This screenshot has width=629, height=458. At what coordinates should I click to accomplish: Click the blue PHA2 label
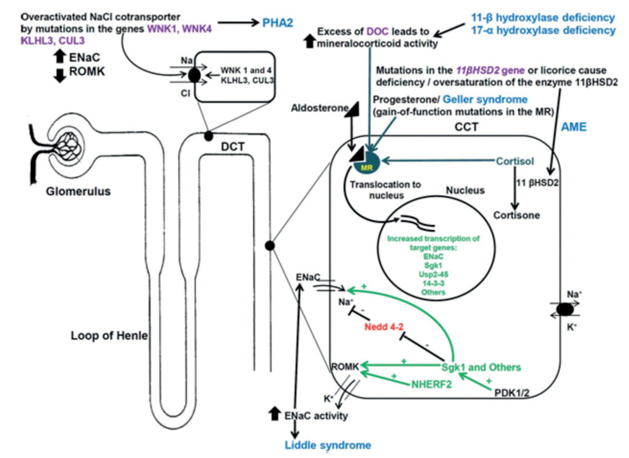(277, 23)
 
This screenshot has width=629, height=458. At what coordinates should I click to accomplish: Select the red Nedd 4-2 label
(384, 327)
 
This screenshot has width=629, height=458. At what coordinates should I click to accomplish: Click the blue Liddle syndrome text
(328, 445)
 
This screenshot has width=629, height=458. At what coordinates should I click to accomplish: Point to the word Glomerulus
(78, 191)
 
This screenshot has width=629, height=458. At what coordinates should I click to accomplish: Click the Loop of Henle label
(109, 335)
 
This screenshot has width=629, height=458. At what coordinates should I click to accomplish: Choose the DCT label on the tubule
(233, 147)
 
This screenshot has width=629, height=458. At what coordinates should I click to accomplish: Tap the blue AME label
(574, 127)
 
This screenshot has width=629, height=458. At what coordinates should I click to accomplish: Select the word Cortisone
(516, 215)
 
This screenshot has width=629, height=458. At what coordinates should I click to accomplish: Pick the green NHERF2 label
(431, 384)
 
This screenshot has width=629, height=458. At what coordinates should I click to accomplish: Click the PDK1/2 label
(512, 393)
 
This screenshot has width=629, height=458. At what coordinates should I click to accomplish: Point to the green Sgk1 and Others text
(481, 367)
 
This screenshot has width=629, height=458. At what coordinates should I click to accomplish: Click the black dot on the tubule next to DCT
(209, 136)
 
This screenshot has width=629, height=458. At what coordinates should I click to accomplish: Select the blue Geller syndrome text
(485, 100)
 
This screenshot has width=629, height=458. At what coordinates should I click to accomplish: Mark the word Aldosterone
(319, 108)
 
